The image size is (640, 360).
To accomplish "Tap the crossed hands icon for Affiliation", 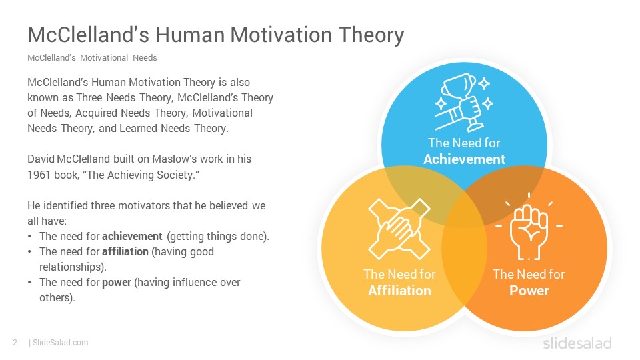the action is pyautogui.click(x=399, y=229).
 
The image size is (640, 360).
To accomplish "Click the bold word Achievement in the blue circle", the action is pyautogui.click(x=464, y=159).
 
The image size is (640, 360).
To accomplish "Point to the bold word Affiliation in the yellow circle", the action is pyautogui.click(x=399, y=291).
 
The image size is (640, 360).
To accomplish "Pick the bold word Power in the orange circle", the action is pyautogui.click(x=529, y=291).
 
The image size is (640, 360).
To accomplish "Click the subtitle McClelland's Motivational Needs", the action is pyautogui.click(x=92, y=57).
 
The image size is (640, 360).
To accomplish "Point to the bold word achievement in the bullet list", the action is pyautogui.click(x=132, y=236).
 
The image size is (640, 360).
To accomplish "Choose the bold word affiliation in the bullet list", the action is pyautogui.click(x=125, y=251).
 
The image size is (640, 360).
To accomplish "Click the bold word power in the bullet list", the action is pyautogui.click(x=116, y=283).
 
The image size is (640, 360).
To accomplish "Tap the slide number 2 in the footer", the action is pyautogui.click(x=15, y=343).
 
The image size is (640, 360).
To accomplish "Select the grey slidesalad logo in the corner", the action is pyautogui.click(x=577, y=343).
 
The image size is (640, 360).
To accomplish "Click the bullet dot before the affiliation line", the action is pyautogui.click(x=30, y=252).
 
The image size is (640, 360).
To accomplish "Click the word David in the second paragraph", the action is pyautogui.click(x=41, y=159).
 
